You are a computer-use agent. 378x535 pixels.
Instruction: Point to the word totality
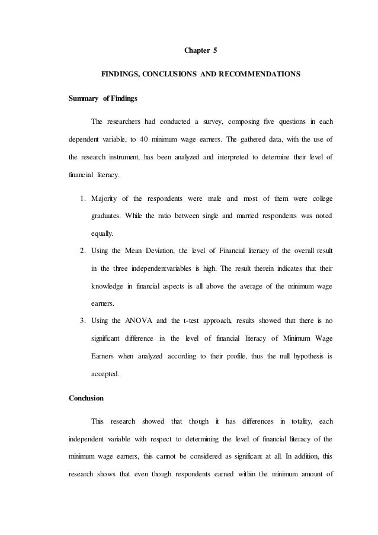click(x=291, y=421)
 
